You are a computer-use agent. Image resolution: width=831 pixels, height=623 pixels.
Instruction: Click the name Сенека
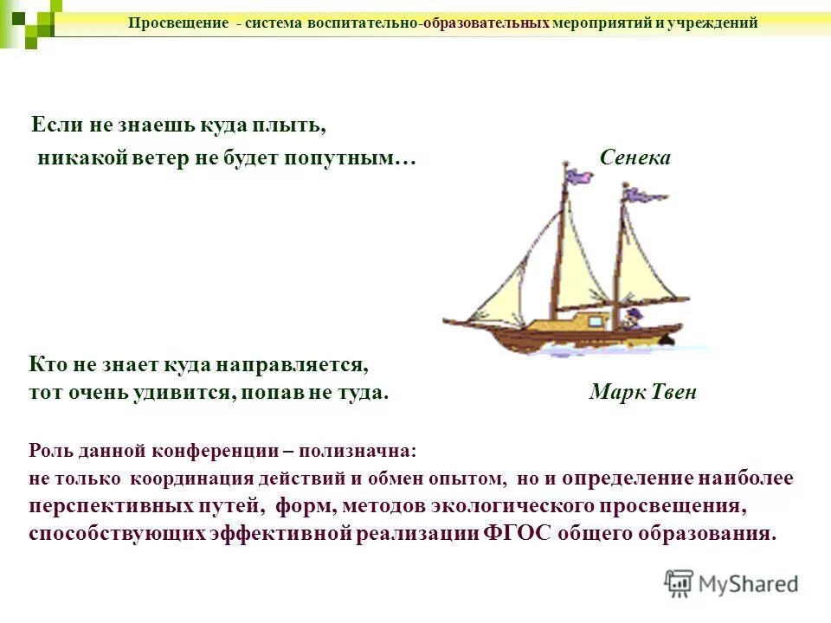click(x=635, y=158)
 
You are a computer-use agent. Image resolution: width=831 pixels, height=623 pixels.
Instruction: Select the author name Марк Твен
click(x=642, y=392)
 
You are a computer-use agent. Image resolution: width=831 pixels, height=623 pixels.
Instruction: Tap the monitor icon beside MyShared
click(x=680, y=583)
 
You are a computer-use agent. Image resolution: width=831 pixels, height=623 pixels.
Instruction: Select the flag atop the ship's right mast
click(x=644, y=196)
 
